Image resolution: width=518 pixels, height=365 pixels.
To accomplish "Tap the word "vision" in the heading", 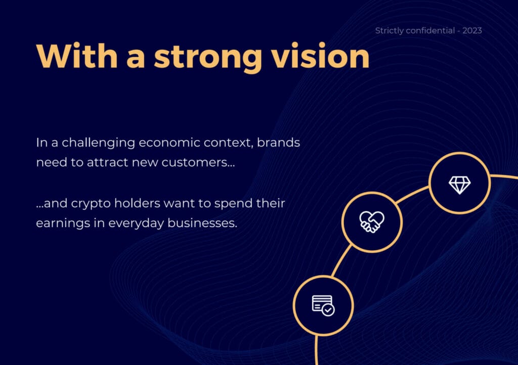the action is pyautogui.click(x=320, y=56).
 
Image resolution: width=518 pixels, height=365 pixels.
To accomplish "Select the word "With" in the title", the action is pyautogui.click(x=77, y=56).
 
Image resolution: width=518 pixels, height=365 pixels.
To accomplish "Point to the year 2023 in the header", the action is pyautogui.click(x=472, y=31).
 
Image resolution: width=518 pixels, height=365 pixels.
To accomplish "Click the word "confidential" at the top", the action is pyautogui.click(x=430, y=31).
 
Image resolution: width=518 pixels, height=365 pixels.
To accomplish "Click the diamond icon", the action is pyautogui.click(x=459, y=185).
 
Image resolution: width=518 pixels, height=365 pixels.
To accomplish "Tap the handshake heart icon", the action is pyautogui.click(x=372, y=222).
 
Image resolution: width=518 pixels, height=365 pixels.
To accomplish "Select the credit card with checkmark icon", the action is pyautogui.click(x=323, y=305).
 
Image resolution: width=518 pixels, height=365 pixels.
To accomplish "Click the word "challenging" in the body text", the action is pyautogui.click(x=99, y=143).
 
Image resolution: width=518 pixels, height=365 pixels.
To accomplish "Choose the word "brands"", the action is pyautogui.click(x=279, y=143).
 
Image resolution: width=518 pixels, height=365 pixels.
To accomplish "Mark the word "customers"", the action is pyautogui.click(x=195, y=162).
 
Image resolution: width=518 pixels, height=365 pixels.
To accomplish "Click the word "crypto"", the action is pyautogui.click(x=91, y=204).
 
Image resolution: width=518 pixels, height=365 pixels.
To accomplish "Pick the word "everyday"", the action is pyautogui.click(x=136, y=223).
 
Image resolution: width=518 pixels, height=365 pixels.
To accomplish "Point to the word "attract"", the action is pyautogui.click(x=107, y=162).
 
